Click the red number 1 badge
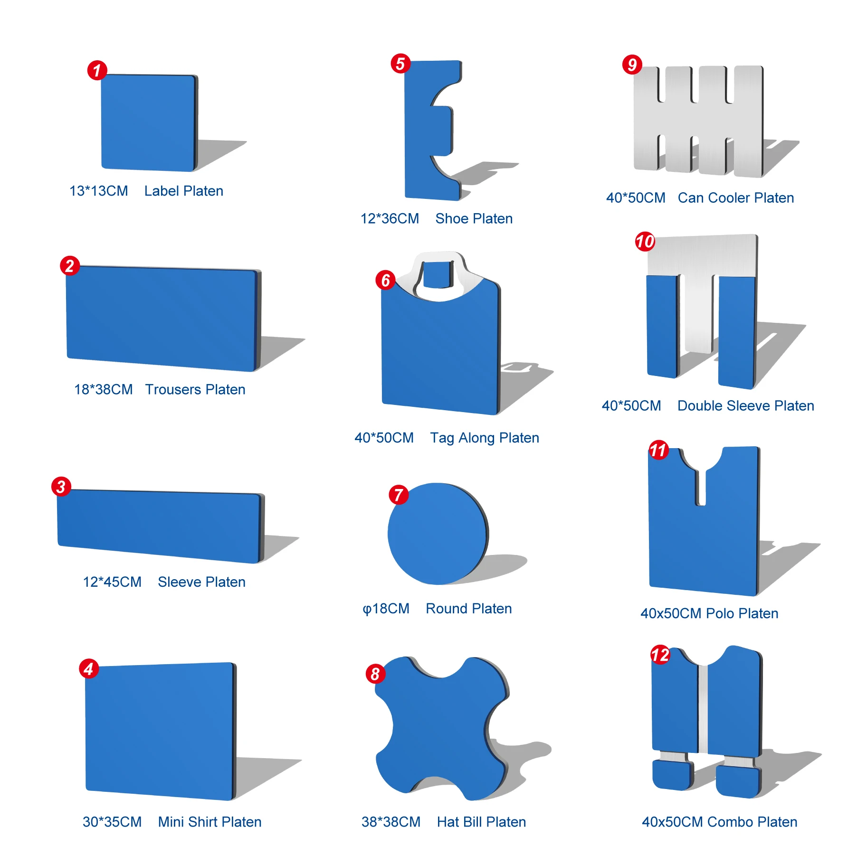[97, 70]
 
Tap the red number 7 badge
[399, 495]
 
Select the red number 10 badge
[645, 242]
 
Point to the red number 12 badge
[660, 655]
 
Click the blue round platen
[437, 534]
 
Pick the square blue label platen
[147, 122]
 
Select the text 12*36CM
[390, 218]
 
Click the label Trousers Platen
[195, 389]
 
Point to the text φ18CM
[386, 609]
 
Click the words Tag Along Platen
[484, 438]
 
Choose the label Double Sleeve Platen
[745, 406]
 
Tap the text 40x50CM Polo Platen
[709, 613]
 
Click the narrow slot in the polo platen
[700, 487]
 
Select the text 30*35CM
[112, 822]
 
